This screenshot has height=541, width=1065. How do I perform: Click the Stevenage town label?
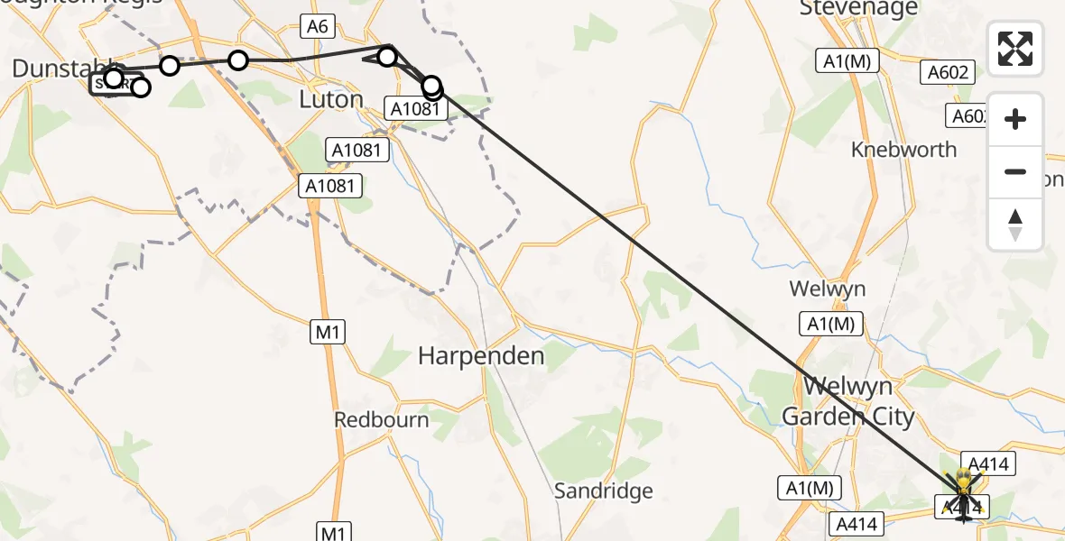858,9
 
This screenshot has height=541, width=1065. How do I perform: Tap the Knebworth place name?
903,150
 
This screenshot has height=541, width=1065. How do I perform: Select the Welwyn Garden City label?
847,402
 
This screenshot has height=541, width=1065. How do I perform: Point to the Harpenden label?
481,356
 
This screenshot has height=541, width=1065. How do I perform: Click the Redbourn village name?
382,419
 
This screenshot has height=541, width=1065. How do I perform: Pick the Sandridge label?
603,491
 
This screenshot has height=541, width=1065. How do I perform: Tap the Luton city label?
331,99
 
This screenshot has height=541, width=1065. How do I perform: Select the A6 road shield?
317,26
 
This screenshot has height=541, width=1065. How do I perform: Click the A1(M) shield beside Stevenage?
847,61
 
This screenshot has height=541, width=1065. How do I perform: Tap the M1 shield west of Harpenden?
329,333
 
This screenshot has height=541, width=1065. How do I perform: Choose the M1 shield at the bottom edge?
334,532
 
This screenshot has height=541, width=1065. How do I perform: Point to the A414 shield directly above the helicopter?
988,464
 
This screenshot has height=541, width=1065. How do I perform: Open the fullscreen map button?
1015,49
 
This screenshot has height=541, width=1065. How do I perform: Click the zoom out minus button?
1015,171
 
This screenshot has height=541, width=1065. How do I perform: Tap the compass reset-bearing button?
1015,225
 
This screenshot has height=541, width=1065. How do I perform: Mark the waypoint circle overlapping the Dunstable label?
113,78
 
